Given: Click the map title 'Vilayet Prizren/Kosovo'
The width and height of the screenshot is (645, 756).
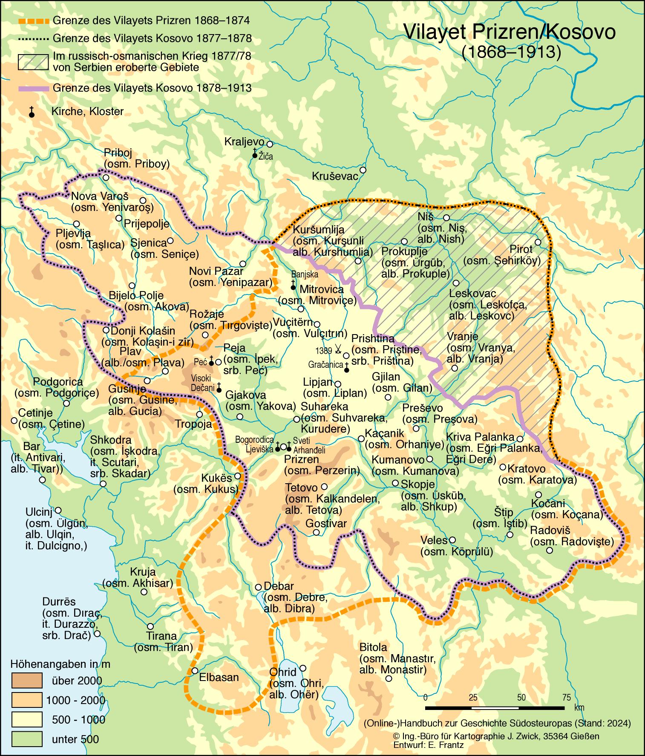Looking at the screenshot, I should [509, 32].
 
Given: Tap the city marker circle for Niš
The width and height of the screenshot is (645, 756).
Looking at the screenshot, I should [446, 218].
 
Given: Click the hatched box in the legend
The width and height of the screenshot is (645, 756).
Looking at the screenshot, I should [33, 61].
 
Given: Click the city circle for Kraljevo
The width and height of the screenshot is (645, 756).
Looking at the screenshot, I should [269, 144].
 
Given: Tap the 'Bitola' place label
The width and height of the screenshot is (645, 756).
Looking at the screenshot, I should [373, 647].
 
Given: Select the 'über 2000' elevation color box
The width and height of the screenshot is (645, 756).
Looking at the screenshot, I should [26, 680].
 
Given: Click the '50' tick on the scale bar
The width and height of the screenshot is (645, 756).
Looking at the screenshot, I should [521, 698].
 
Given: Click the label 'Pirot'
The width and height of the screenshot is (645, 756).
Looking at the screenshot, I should [521, 249].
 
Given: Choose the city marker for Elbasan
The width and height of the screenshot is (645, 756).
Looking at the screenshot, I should [195, 670].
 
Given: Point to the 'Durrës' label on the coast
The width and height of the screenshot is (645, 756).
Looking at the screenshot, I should [59, 602].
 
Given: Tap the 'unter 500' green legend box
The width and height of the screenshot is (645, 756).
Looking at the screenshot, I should [26, 739].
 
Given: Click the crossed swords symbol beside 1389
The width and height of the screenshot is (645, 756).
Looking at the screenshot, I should [338, 350].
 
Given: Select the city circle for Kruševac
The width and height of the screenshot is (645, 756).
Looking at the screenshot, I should [363, 170].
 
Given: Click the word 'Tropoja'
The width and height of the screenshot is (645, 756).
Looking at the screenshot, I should [193, 424].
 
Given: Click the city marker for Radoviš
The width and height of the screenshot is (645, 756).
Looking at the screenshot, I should [550, 551].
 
